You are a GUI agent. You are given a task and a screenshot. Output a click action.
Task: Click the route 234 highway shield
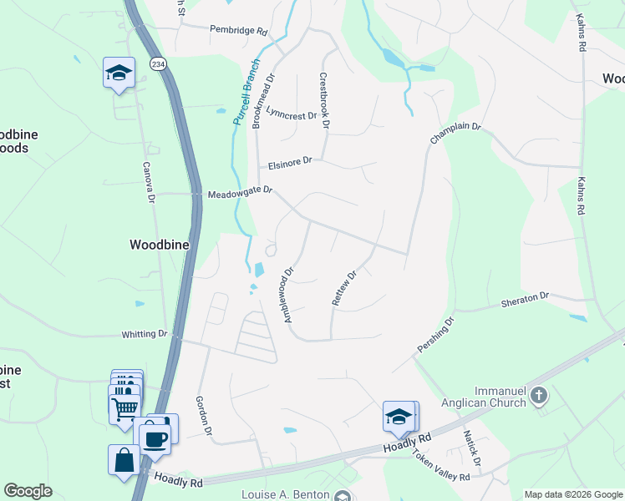158,63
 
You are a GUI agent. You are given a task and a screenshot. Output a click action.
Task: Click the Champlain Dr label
456,132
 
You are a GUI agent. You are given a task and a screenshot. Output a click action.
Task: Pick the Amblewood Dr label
288,295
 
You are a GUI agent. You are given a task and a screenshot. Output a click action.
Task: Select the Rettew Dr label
344,287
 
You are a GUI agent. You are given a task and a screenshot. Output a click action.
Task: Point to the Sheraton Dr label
525,297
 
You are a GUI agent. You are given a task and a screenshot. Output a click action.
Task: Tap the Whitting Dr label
145,334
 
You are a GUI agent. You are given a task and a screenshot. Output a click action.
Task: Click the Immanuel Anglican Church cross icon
540,393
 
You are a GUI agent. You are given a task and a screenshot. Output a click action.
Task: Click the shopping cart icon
124,408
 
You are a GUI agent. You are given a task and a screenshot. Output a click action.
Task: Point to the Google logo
28,491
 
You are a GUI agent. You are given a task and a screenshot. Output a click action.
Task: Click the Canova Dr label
149,183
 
